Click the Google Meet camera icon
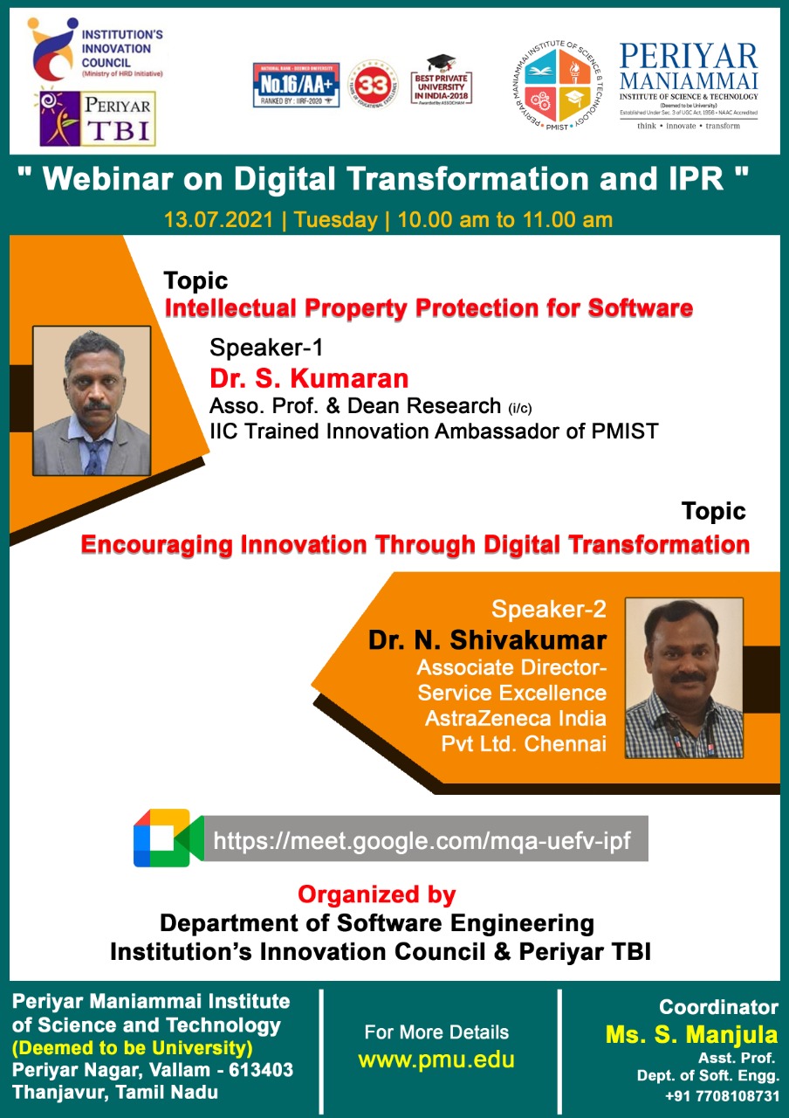168,838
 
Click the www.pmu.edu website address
436,1060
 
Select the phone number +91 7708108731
722,1096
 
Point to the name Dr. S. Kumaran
309,378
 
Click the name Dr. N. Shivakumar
487,639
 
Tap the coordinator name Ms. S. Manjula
691,1035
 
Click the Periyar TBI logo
98,118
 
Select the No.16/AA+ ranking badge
296,85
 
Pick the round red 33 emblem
371,85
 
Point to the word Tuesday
336,219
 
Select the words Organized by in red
376,894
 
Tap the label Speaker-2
548,609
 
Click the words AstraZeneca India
515,719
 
